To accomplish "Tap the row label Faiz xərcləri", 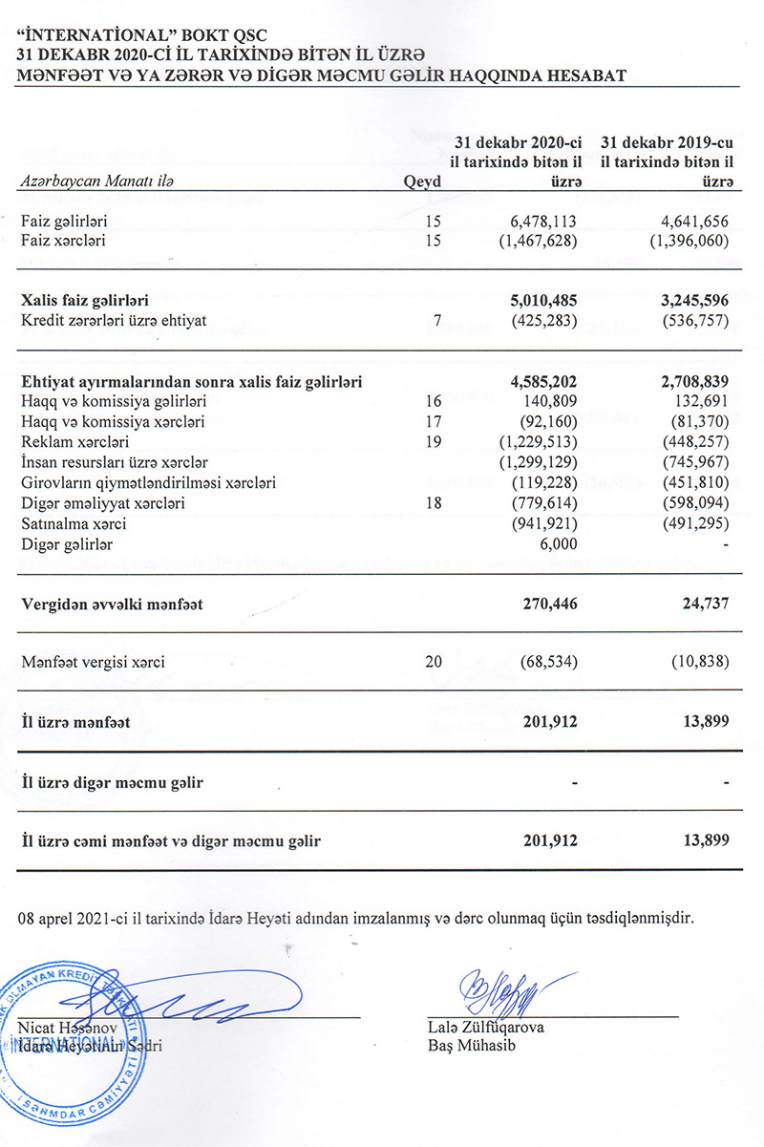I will point(63,241).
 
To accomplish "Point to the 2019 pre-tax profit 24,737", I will point(704,604).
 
